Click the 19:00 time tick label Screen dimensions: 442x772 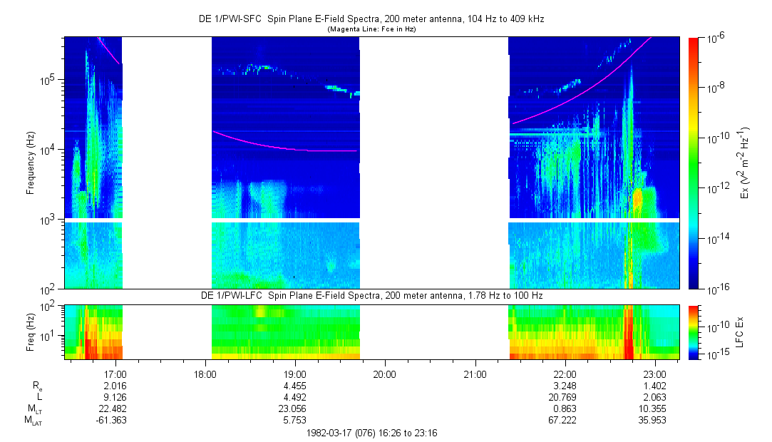(x=294, y=372)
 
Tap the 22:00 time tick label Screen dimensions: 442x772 (x=565, y=372)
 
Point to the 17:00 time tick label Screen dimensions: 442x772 (x=115, y=372)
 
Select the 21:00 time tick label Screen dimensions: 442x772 (x=475, y=372)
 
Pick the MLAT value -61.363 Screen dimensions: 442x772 (x=115, y=421)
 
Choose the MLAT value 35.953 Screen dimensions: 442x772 (x=654, y=421)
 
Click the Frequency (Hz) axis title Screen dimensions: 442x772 (x=31, y=163)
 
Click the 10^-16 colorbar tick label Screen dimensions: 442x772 (x=715, y=289)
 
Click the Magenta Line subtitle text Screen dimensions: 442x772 (x=371, y=29)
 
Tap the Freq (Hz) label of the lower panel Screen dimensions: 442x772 (x=31, y=331)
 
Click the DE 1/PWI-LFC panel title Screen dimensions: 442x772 (x=371, y=295)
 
